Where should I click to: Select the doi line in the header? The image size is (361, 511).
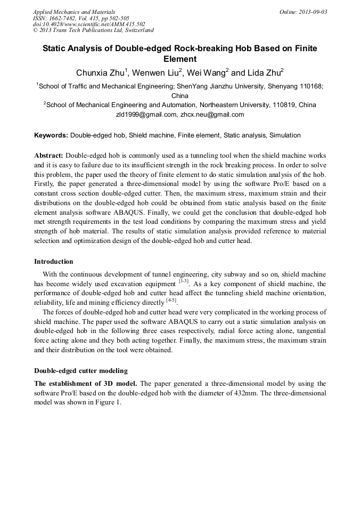coord(89,24)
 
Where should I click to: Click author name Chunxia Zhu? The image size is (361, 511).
coord(100,73)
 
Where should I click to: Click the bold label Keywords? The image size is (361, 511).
coord(51,135)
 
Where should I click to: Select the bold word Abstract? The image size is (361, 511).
coord(48,155)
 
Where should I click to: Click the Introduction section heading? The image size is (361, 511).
coord(54,262)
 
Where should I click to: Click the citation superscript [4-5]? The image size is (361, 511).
coord(171,301)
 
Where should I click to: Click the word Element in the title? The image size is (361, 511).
coord(180,59)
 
